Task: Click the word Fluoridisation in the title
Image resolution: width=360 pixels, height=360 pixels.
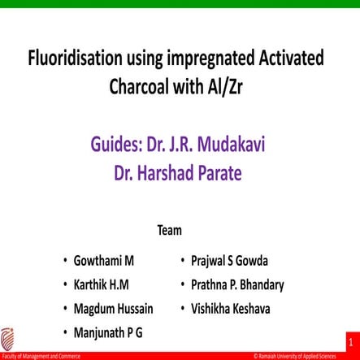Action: pos(72,59)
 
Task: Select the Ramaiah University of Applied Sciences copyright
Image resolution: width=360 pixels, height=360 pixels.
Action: pos(304,356)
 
